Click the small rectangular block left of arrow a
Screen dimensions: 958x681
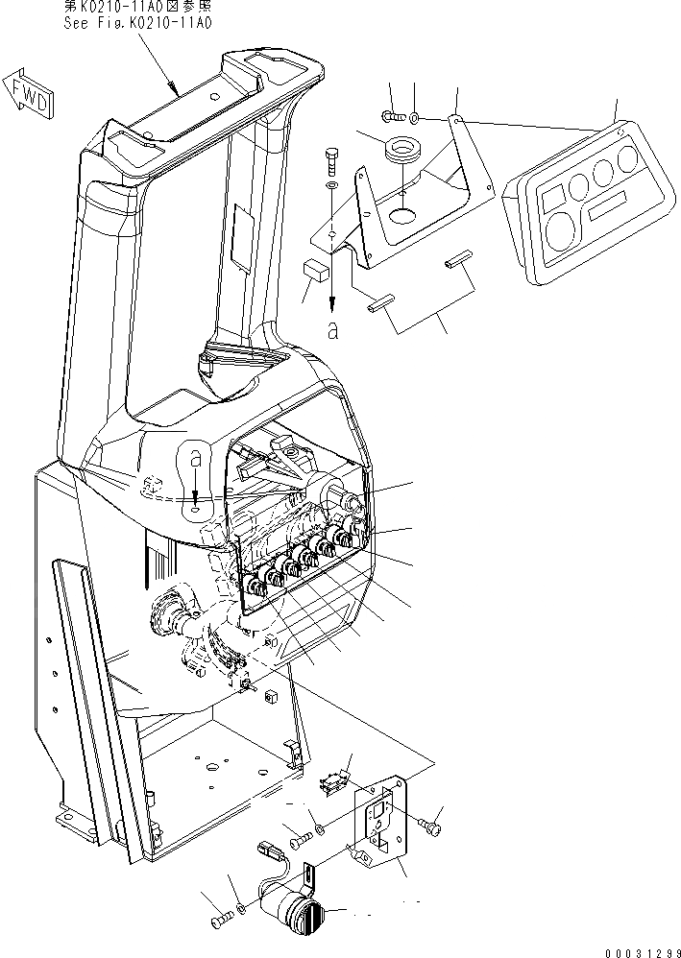coord(312,269)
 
